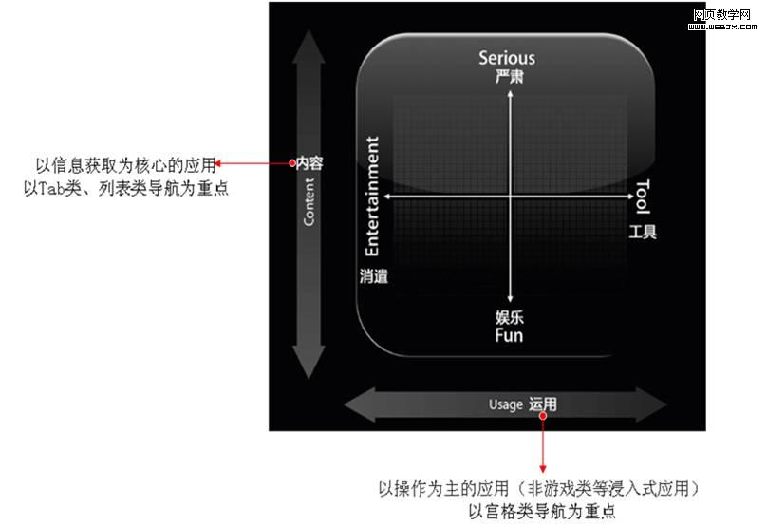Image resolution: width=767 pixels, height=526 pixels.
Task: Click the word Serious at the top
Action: (x=506, y=58)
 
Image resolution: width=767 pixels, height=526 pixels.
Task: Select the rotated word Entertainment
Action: (x=373, y=197)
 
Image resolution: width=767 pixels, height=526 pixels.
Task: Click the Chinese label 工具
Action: (x=643, y=232)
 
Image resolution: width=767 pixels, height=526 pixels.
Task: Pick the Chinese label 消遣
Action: (x=374, y=276)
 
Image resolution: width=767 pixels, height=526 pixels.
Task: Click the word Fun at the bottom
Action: (x=509, y=335)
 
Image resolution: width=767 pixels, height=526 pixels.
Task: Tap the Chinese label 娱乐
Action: (x=510, y=317)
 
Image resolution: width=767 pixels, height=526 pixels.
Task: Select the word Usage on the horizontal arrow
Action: (x=506, y=404)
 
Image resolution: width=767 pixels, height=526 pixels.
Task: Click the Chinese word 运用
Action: (x=543, y=404)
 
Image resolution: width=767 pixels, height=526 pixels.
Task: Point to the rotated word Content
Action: (x=309, y=201)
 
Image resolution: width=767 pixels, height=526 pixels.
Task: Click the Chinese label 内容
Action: (x=310, y=163)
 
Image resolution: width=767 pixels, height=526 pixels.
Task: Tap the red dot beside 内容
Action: (x=292, y=163)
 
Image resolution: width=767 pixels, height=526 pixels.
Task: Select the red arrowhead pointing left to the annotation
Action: (x=220, y=163)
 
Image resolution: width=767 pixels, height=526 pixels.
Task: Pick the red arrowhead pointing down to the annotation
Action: (x=543, y=468)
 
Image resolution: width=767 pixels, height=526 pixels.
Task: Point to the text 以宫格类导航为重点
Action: (x=537, y=512)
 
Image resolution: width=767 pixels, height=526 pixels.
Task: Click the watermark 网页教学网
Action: (x=722, y=14)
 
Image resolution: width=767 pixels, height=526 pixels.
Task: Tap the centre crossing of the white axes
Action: (x=511, y=197)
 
